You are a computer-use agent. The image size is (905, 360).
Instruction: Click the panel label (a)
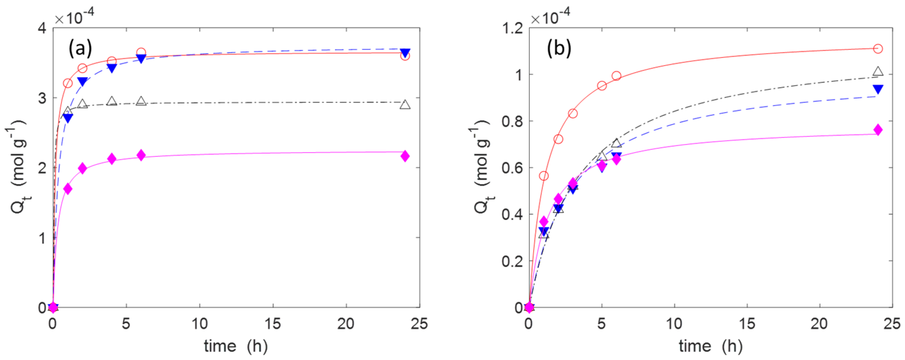[80, 48]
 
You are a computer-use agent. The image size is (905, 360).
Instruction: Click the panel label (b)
[559, 48]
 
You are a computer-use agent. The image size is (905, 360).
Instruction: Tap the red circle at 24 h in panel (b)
[877, 48]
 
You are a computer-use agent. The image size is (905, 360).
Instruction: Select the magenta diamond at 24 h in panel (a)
[405, 156]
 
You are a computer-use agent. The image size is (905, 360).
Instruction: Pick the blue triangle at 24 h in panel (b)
[877, 89]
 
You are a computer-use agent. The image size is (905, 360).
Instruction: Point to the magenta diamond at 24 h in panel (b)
[877, 129]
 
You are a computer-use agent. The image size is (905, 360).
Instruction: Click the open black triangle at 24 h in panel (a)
[405, 105]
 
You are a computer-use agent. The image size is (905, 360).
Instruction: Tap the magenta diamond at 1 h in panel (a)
[68, 189]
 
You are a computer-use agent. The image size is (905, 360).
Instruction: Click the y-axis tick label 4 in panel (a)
[43, 28]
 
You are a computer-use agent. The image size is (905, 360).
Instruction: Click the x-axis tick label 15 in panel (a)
[273, 324]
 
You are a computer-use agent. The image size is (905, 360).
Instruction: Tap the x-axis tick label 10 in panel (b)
[674, 324]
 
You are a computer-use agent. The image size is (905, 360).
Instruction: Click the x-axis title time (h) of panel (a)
[236, 346]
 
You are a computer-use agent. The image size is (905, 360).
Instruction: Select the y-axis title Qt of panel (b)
[483, 169]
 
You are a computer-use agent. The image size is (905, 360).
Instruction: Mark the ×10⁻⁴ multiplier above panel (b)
[550, 16]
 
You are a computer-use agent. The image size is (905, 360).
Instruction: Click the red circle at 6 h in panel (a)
[141, 53]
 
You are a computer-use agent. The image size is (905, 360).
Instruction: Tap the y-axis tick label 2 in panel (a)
[43, 168]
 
